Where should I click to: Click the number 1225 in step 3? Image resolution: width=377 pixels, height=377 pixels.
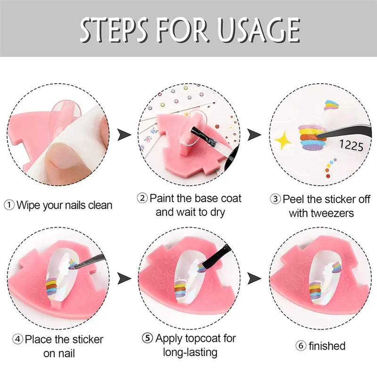pyautogui.click(x=352, y=146)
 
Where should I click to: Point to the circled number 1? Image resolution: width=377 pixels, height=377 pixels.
pyautogui.click(x=9, y=205)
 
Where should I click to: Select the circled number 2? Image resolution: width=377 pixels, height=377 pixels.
pyautogui.click(x=142, y=198)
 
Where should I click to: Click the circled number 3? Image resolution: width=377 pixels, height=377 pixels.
pyautogui.click(x=275, y=199)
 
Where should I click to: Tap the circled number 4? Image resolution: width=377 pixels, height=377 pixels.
pyautogui.click(x=17, y=339)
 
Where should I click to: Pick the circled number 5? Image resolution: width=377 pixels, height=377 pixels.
pyautogui.click(x=148, y=338)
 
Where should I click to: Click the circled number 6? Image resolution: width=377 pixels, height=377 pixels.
pyautogui.click(x=301, y=346)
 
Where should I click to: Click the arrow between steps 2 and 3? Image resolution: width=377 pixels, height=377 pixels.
pyautogui.click(x=255, y=134)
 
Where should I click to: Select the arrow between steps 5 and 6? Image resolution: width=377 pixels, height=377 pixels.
pyautogui.click(x=255, y=278)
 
